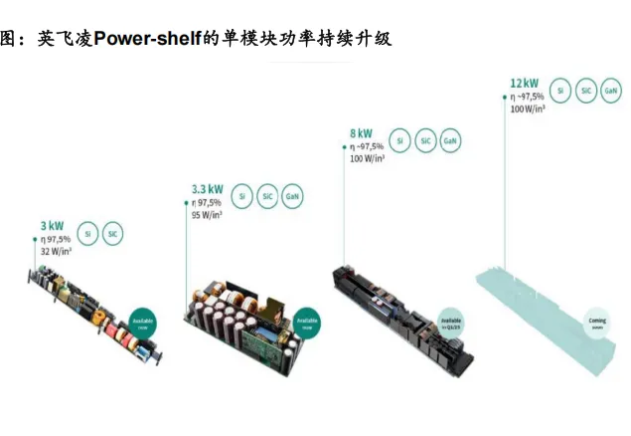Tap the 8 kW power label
click(361, 132)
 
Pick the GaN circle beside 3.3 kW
click(294, 196)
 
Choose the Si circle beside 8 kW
click(399, 140)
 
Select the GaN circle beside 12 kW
click(612, 91)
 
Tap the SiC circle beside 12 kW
click(586, 91)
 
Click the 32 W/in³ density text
click(54, 252)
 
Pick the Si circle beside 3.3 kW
click(242, 196)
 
